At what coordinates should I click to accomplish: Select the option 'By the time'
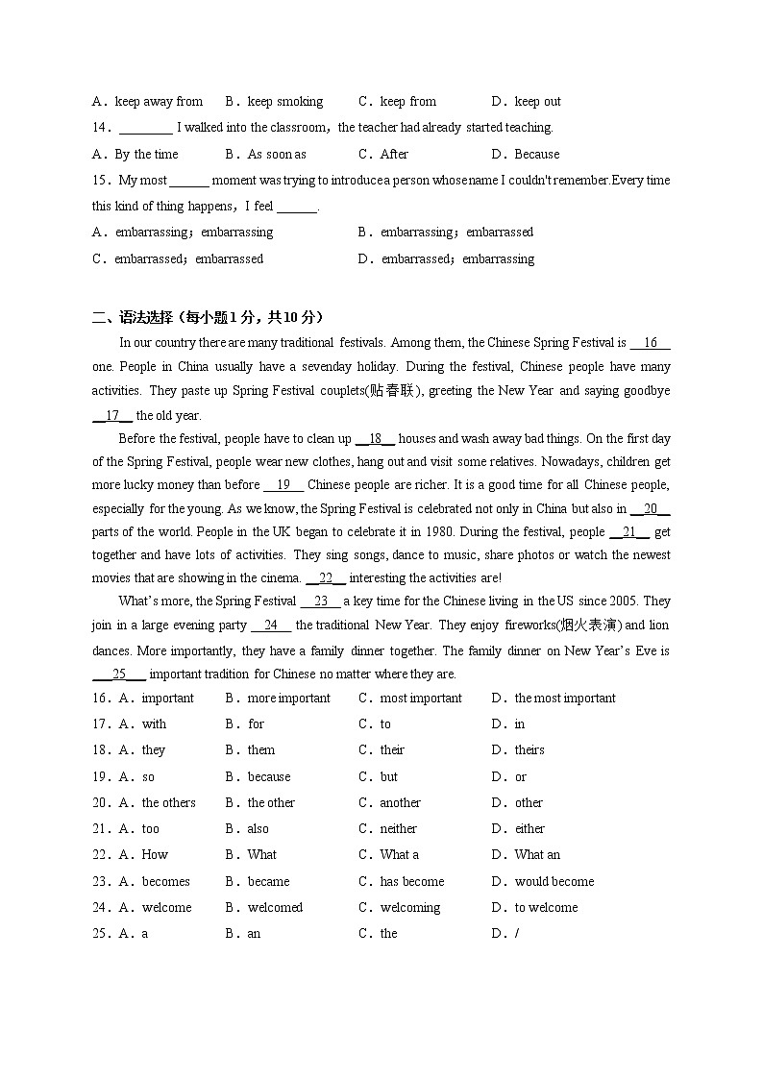[146, 154]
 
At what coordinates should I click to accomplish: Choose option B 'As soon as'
[277, 154]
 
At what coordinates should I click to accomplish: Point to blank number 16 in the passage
[651, 343]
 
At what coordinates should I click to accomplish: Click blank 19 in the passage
[283, 485]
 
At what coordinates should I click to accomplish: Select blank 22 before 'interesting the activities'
[326, 577]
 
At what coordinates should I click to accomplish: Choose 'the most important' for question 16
[565, 698]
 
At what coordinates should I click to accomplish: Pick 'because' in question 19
[269, 776]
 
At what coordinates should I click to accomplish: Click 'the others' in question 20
[169, 802]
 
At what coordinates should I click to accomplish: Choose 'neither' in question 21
[399, 828]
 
